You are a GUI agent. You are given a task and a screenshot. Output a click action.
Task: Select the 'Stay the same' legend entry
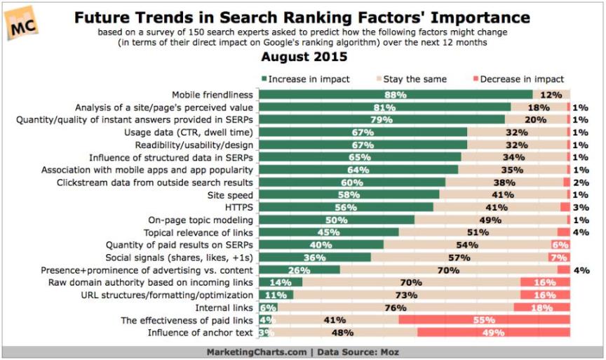pyautogui.click(x=415, y=79)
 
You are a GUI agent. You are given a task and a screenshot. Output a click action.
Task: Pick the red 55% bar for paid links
pyautogui.click(x=484, y=320)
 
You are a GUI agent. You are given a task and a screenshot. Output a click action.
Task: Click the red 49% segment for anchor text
pyautogui.click(x=493, y=333)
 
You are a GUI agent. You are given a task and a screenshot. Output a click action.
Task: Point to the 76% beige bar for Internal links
pyautogui.click(x=396, y=307)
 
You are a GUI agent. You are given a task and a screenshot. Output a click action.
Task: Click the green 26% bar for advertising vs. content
pyautogui.click(x=299, y=269)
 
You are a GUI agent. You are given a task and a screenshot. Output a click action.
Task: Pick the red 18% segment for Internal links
pyautogui.click(x=541, y=307)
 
